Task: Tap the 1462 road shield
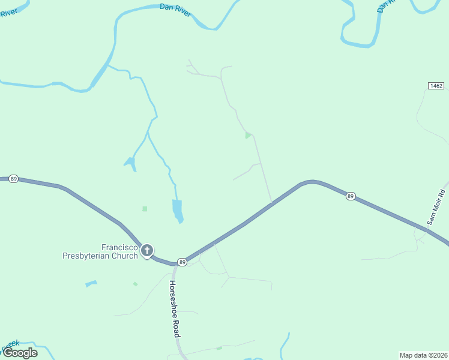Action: [x=436, y=86]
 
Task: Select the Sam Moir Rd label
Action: [x=437, y=207]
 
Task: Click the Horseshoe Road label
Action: [x=175, y=308]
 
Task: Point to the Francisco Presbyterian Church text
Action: [x=100, y=251]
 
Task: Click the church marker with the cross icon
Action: [x=146, y=251]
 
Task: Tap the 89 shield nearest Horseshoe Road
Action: [x=181, y=262]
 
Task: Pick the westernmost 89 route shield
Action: [x=14, y=179]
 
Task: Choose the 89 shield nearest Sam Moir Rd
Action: [x=351, y=196]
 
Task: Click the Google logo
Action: [x=20, y=352]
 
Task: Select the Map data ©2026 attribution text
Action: [x=423, y=355]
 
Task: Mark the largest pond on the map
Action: [x=177, y=210]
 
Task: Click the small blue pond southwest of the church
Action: [x=91, y=283]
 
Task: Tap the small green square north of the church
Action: [x=145, y=209]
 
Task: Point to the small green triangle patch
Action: [x=247, y=136]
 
